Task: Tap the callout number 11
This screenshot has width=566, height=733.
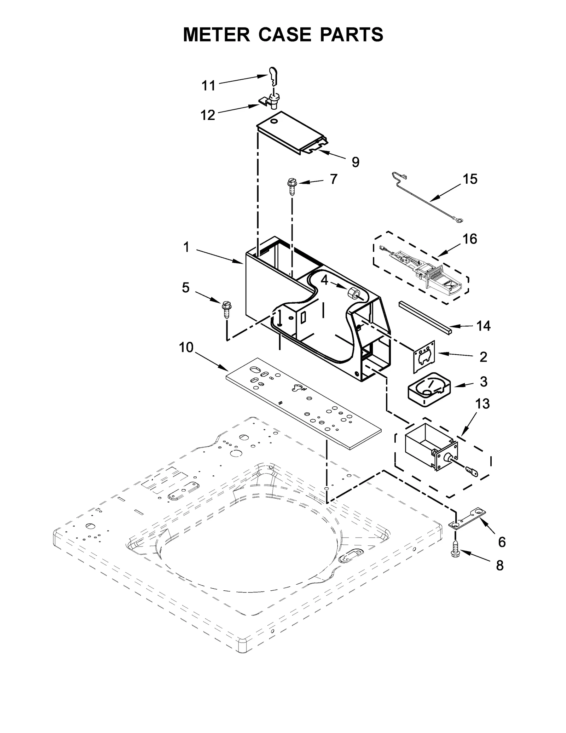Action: (x=208, y=86)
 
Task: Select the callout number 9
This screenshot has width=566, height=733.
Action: (x=355, y=162)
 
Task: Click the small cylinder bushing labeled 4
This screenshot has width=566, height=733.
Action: (x=353, y=293)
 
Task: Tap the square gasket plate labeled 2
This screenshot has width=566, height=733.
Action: (x=424, y=357)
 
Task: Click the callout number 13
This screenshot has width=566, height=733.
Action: (x=482, y=403)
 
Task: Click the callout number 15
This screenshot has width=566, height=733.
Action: (x=470, y=179)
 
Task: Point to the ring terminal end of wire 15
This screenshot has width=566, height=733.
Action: (x=458, y=222)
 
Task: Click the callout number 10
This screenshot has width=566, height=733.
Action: (x=186, y=348)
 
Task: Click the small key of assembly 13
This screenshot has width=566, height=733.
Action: (x=472, y=471)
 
